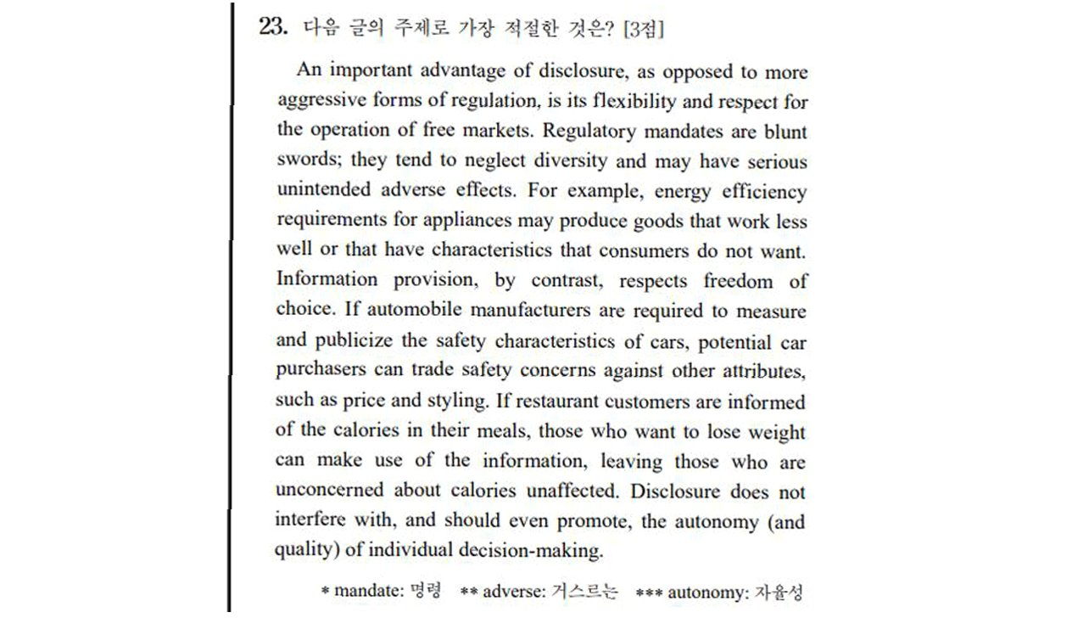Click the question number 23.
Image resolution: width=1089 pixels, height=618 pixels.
(x=274, y=27)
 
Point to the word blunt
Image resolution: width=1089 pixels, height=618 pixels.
(x=786, y=132)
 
